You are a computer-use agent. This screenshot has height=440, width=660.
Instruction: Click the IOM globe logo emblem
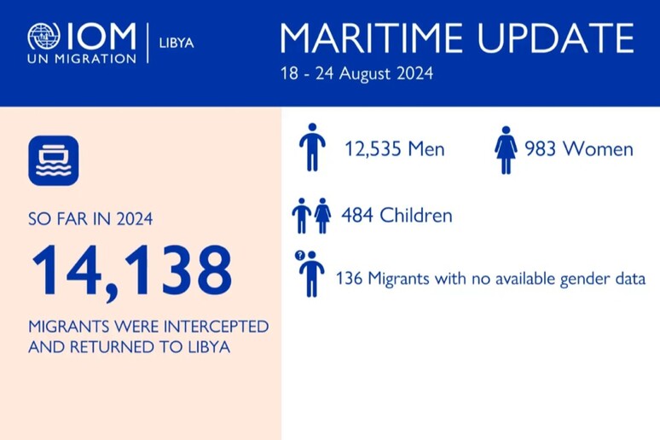click(x=44, y=38)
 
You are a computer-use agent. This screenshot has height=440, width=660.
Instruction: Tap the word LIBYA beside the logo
click(x=177, y=42)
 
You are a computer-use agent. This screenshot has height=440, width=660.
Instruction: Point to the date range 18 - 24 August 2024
click(x=356, y=74)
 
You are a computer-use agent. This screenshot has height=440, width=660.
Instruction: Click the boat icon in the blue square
click(x=53, y=160)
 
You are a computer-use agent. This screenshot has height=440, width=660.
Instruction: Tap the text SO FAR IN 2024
click(x=91, y=219)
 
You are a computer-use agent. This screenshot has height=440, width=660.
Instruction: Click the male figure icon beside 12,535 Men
click(x=312, y=147)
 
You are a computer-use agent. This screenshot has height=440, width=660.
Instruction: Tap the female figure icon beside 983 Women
click(x=507, y=149)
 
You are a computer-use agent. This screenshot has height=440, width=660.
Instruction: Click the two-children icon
click(x=311, y=216)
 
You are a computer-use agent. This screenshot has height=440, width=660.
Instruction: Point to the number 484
click(x=356, y=216)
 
